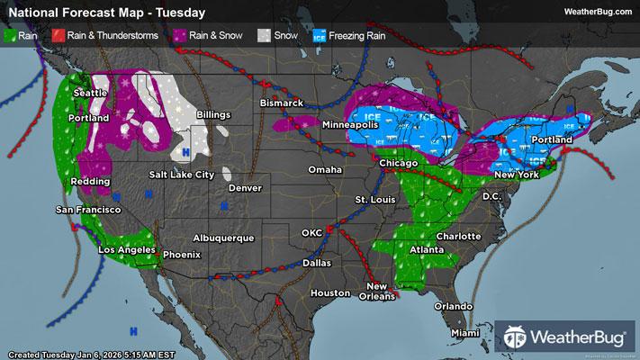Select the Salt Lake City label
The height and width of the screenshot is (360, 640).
(181, 174)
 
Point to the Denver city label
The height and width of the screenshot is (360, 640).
(245, 188)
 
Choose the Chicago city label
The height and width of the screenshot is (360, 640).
(396, 163)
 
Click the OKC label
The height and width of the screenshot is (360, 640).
(311, 233)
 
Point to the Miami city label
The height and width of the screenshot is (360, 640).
(465, 334)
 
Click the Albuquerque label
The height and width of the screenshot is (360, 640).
(224, 238)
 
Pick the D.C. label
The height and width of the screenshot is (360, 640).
(491, 195)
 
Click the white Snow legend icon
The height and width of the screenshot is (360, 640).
(264, 38)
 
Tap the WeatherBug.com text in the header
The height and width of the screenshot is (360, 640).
(595, 12)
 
